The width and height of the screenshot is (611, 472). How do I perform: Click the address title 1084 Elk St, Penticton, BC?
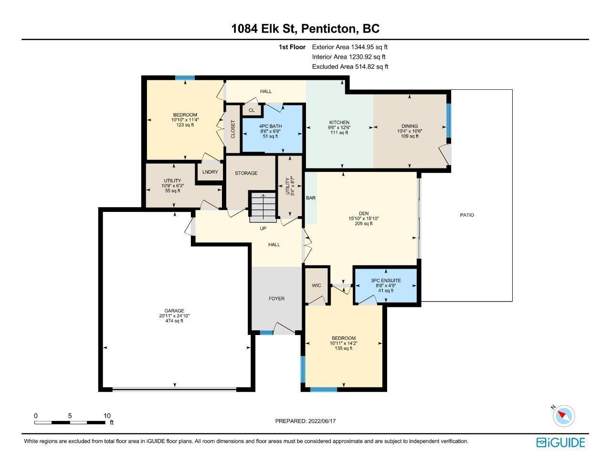305,29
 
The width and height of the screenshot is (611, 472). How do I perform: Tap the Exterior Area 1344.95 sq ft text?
350,47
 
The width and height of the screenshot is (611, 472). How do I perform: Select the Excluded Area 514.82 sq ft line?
350,67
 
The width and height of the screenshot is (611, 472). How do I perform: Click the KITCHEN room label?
339,122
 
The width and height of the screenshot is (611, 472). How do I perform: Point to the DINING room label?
410,126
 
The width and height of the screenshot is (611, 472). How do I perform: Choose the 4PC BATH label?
270,126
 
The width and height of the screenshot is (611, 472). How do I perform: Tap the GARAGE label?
174,311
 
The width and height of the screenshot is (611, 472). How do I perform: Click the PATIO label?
467,215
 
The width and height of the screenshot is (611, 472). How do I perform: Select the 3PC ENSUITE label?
386,280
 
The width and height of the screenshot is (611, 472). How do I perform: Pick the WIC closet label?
316,285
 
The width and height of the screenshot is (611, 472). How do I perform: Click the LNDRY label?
210,172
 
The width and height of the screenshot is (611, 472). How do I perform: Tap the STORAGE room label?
246,173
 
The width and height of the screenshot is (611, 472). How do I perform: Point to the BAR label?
311,198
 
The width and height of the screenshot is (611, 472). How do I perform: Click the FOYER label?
277,299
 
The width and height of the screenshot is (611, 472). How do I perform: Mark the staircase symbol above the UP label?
263,207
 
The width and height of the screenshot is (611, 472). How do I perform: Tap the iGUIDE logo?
561,442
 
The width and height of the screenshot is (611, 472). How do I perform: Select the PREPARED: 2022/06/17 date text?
305,421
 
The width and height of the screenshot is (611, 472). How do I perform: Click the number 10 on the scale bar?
107,416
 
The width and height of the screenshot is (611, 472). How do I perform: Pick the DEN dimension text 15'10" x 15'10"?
364,219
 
